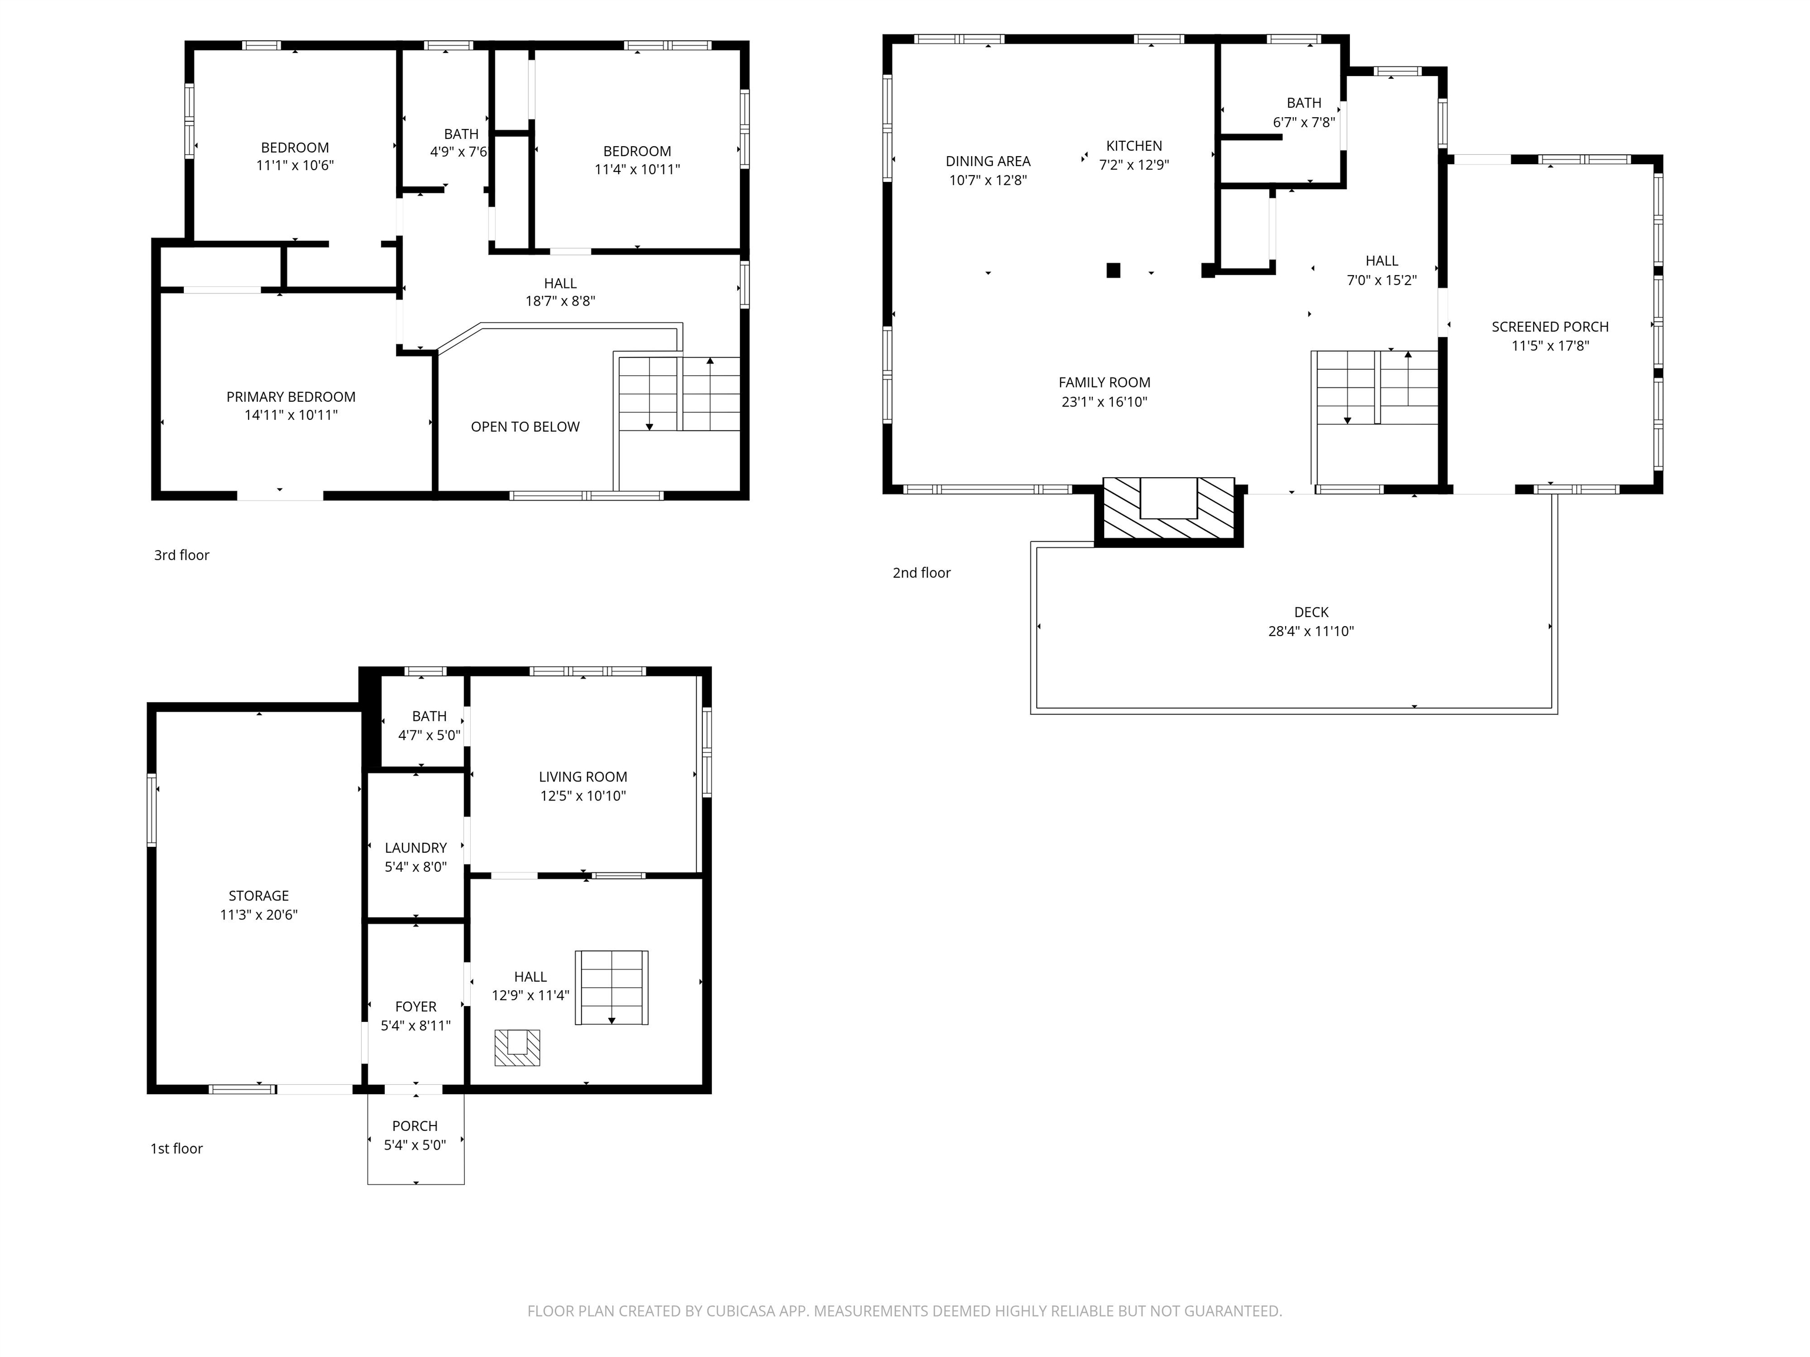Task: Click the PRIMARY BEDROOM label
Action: click(290, 397)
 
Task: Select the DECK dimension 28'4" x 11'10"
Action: click(1311, 631)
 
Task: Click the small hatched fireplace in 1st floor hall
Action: click(517, 1048)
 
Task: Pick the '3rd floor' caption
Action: click(181, 555)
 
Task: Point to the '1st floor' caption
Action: click(176, 1149)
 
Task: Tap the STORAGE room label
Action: click(259, 896)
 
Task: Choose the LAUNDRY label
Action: click(416, 848)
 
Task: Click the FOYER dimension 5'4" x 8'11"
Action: click(416, 1026)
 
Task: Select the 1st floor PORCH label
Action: click(415, 1126)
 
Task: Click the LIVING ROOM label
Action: click(583, 777)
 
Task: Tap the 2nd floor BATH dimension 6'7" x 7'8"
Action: click(1303, 123)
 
